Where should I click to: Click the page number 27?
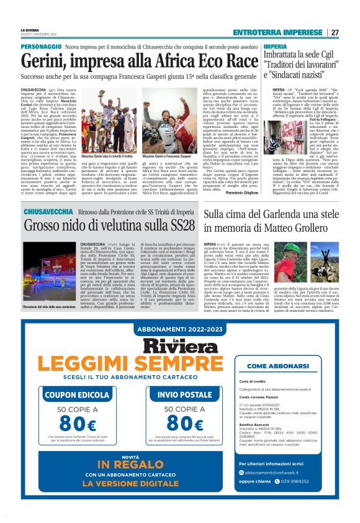click(x=335, y=32)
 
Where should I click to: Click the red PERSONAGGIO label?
click(x=40, y=47)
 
